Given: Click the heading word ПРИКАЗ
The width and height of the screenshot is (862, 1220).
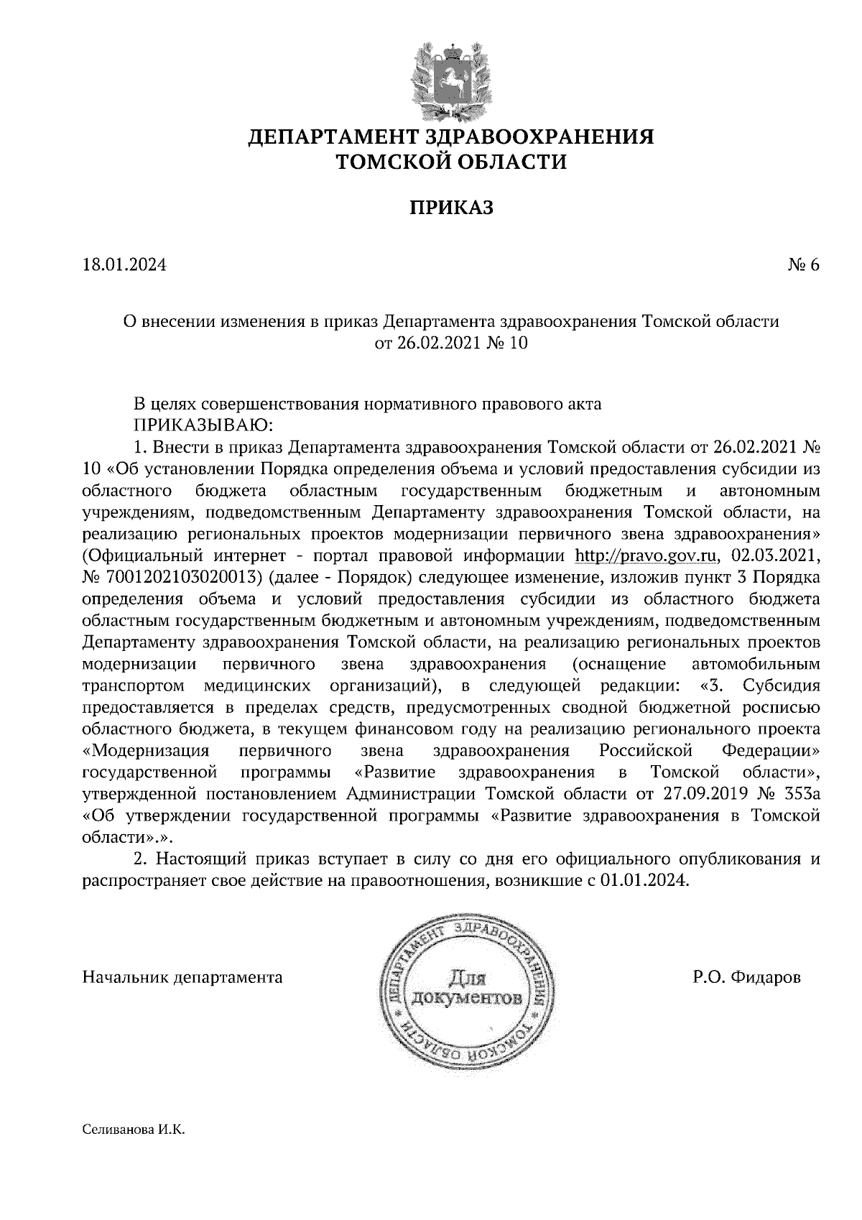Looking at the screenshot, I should click(452, 208).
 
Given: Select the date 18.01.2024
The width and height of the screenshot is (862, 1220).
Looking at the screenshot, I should click(124, 265).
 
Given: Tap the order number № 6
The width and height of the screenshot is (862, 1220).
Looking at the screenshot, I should click(803, 265).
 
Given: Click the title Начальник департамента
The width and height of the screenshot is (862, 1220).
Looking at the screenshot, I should click(182, 977).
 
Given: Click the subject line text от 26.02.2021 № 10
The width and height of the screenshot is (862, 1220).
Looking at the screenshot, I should click(451, 343).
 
